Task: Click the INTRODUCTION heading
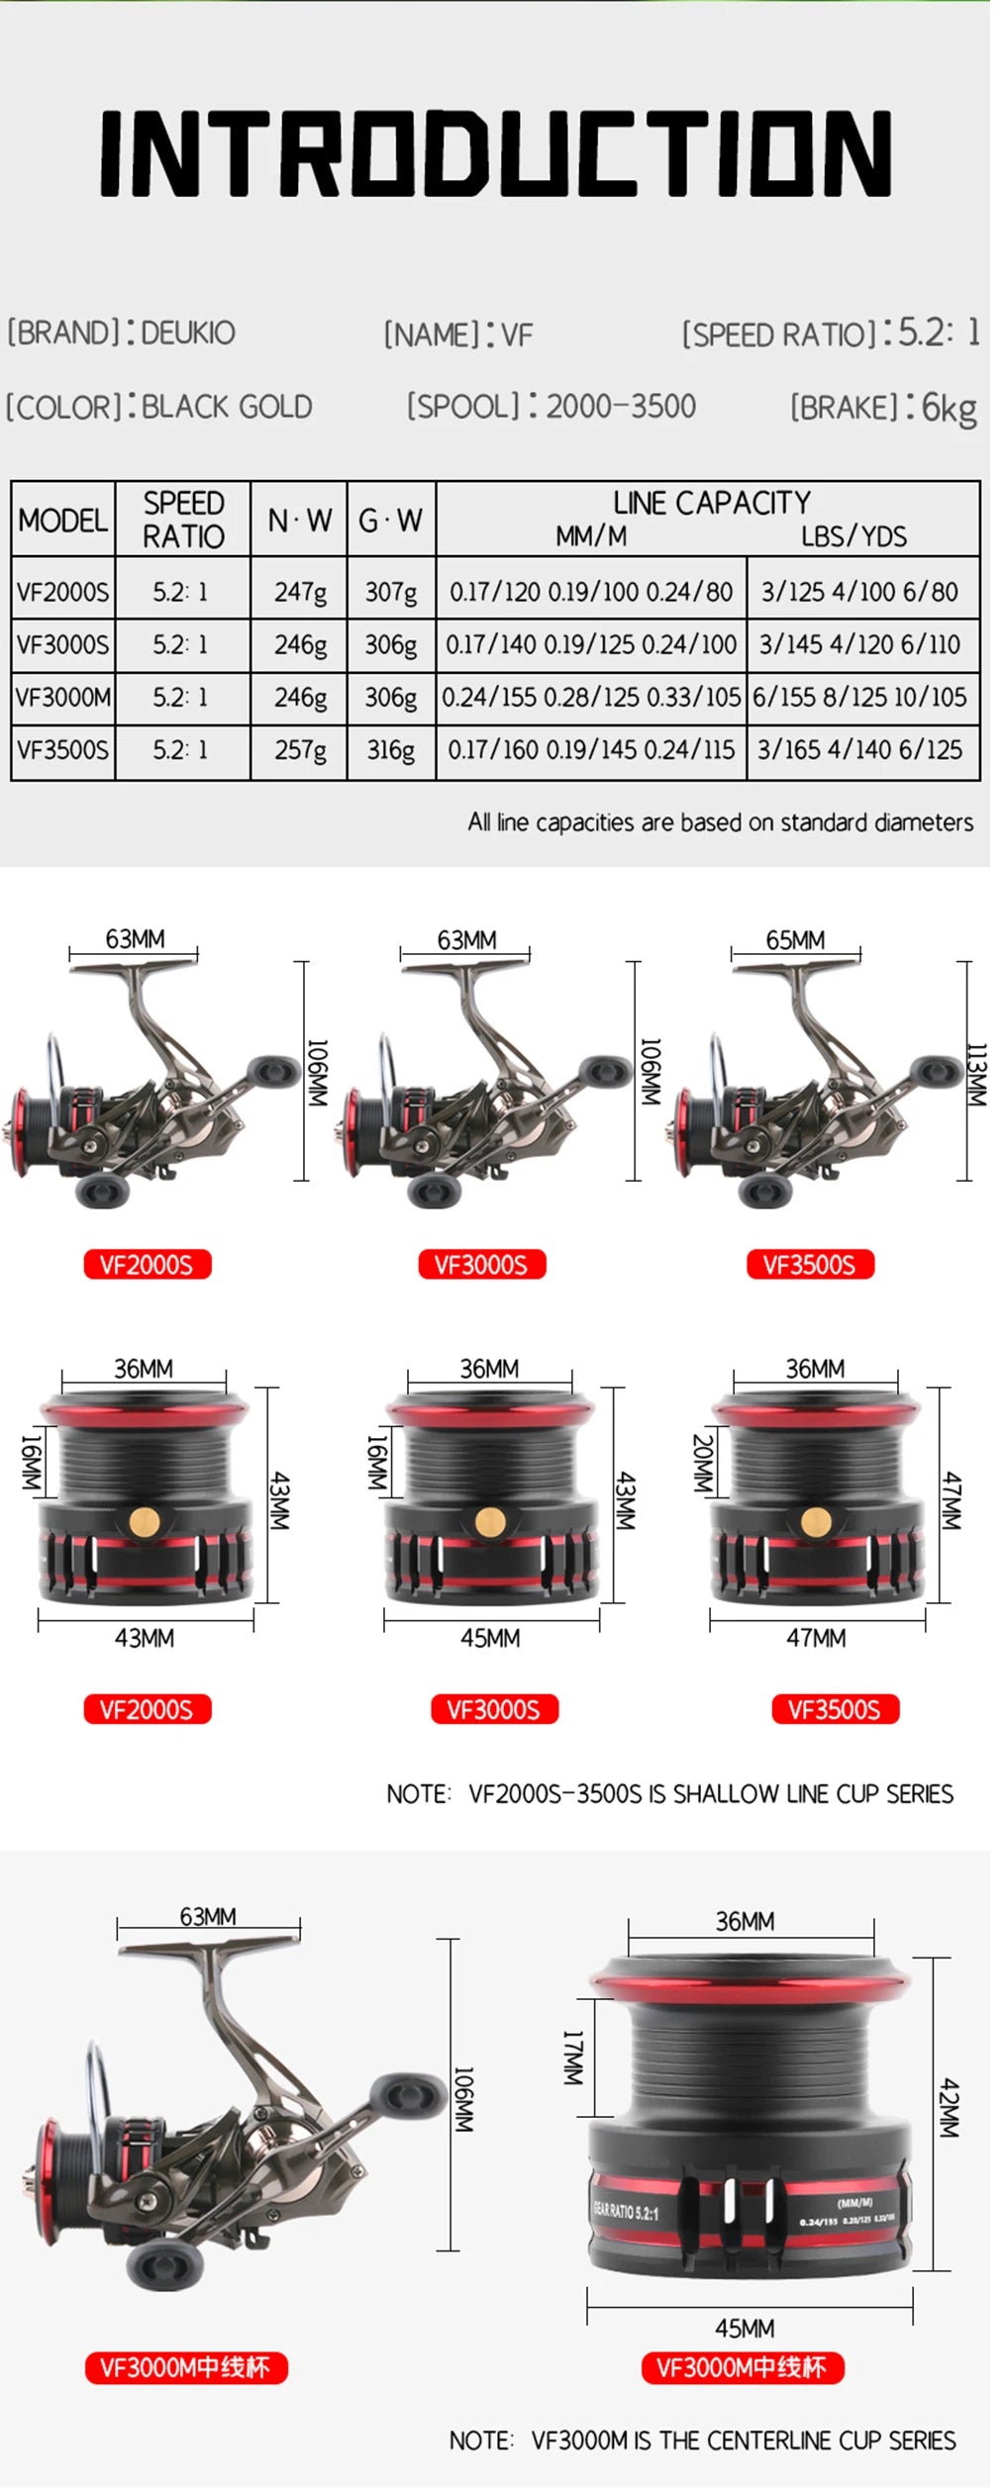(495, 152)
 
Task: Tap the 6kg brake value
(949, 407)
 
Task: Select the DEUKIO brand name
(188, 333)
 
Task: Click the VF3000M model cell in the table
(63, 698)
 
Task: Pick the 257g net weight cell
(300, 750)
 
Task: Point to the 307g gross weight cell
(391, 592)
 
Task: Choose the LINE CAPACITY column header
(711, 504)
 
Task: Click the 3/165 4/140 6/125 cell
(859, 750)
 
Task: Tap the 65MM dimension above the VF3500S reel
(795, 939)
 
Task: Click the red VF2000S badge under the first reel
(147, 1265)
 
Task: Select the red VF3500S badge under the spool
(834, 1709)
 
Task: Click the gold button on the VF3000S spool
(489, 1521)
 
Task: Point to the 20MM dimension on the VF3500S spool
(701, 1463)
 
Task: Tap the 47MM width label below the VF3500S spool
(816, 1638)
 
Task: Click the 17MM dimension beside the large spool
(572, 2058)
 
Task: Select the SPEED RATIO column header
(183, 520)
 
